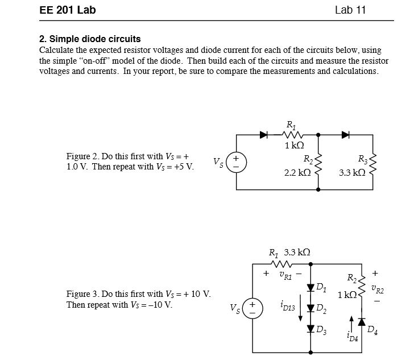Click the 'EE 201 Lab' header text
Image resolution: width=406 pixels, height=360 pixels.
[x=68, y=10]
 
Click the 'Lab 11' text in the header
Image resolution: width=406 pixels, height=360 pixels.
[x=350, y=10]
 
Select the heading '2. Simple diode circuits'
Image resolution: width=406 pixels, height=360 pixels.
[x=90, y=39]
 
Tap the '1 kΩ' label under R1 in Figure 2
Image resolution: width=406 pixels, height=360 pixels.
[x=294, y=146]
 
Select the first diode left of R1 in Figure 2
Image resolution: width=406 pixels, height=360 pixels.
[x=263, y=135]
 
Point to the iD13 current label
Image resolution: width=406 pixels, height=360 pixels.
[x=287, y=308]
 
